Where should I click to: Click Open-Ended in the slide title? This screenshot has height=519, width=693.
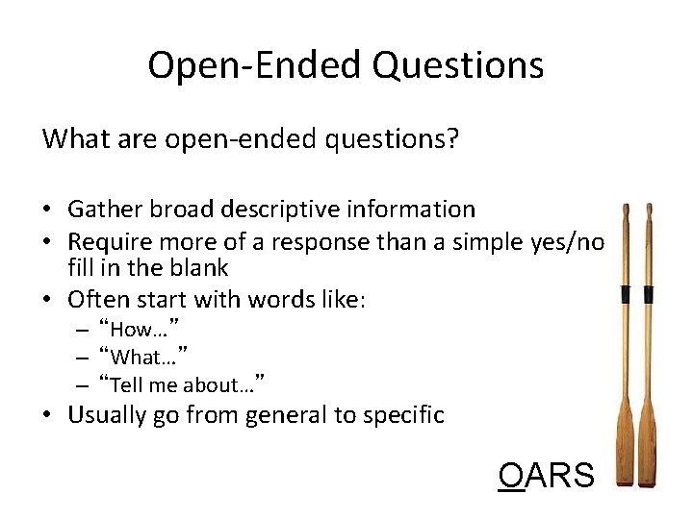pyautogui.click(x=254, y=65)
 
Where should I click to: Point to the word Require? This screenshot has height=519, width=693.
pyautogui.click(x=107, y=238)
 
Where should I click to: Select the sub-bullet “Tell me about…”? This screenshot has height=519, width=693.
pyautogui.click(x=182, y=384)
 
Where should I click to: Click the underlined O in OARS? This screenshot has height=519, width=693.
pyautogui.click(x=511, y=475)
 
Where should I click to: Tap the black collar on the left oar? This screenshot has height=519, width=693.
pyautogui.click(x=625, y=294)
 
